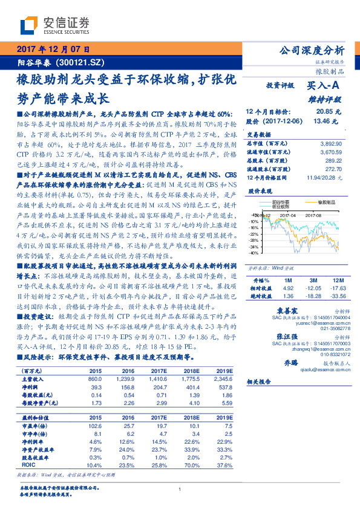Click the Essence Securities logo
pos(55,25)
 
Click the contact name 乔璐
pos(283,362)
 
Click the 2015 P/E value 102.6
pos(96,424)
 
